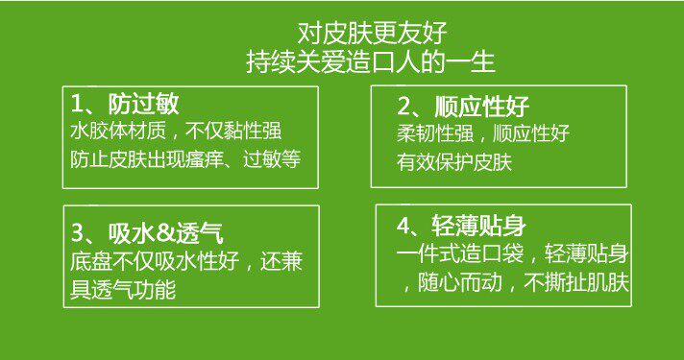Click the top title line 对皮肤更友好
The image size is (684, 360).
(373, 34)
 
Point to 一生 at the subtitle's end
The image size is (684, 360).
(472, 62)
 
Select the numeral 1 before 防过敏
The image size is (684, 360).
(76, 104)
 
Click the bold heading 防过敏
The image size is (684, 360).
(143, 104)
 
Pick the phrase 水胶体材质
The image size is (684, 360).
(118, 131)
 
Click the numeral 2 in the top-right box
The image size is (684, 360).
(403, 108)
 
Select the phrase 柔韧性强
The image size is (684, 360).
(435, 133)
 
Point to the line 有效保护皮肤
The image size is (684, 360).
(454, 162)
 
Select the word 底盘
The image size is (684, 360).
(90, 261)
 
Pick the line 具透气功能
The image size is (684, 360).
(123, 290)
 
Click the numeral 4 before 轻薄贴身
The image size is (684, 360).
(403, 226)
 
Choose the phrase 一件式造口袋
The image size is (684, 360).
(454, 254)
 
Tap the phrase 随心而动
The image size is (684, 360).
(460, 283)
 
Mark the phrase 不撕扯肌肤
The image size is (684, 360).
(576, 283)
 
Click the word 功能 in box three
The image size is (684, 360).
(157, 290)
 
